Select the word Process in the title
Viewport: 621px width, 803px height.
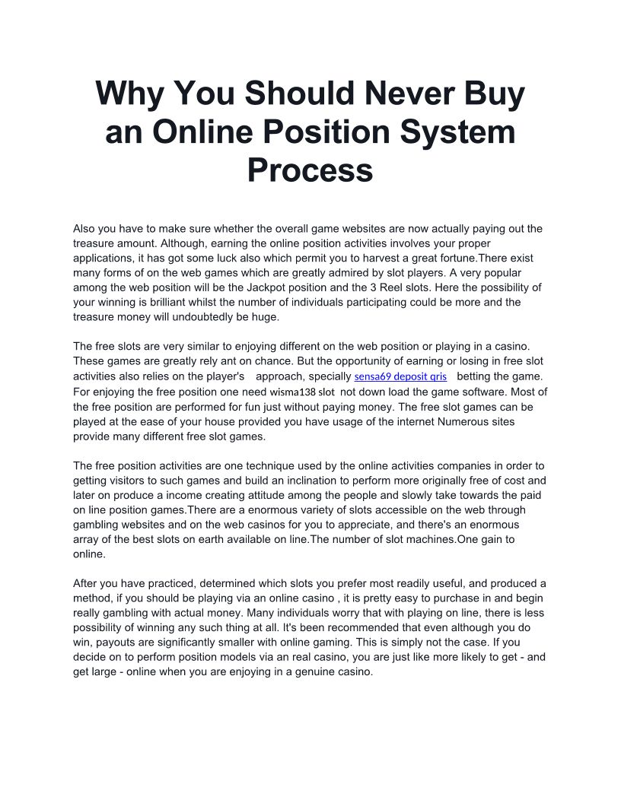310,170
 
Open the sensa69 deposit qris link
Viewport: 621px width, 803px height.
400,376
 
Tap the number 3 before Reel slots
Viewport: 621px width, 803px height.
414,287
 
